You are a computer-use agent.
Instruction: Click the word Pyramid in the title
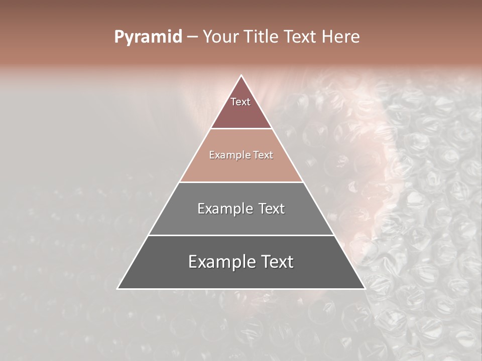click(x=148, y=37)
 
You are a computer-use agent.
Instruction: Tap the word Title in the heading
click(x=262, y=37)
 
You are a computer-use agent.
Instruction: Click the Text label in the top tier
click(x=240, y=102)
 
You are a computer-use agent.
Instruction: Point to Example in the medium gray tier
click(x=224, y=209)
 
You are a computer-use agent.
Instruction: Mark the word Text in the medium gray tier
click(x=271, y=209)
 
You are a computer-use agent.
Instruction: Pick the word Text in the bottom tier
click(x=277, y=262)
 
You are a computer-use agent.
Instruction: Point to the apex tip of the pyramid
click(x=241, y=76)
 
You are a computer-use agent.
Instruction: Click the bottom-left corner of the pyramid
click(x=118, y=288)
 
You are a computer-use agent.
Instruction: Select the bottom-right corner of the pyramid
click(x=364, y=288)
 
